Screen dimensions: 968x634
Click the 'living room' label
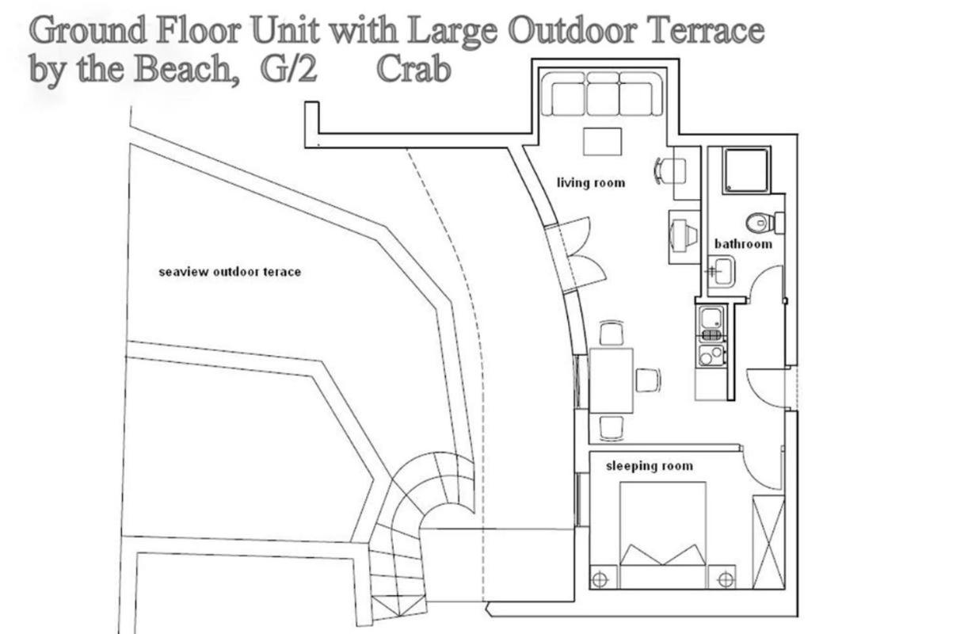click(x=591, y=183)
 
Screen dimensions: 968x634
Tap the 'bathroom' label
click(x=743, y=244)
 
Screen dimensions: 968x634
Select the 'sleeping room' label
click(x=650, y=466)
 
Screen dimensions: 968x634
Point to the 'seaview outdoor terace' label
click(x=230, y=272)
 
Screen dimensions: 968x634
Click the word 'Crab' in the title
click(x=413, y=70)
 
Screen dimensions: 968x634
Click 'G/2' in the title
click(x=288, y=70)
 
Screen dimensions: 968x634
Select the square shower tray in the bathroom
click(x=747, y=170)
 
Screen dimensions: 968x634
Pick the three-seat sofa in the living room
click(x=602, y=94)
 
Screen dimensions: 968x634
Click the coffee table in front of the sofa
click(x=602, y=141)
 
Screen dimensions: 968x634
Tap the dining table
click(x=611, y=380)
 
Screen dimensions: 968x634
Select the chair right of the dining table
click(x=648, y=380)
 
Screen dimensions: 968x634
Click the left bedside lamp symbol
click(x=600, y=579)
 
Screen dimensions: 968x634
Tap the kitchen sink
click(x=711, y=319)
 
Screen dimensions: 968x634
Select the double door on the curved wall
click(x=570, y=255)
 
